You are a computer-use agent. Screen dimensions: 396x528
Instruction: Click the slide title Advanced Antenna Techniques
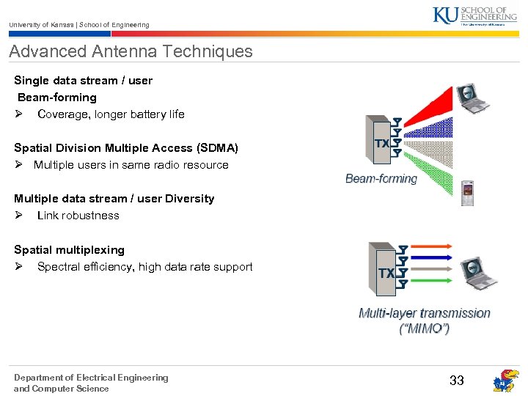[131, 51]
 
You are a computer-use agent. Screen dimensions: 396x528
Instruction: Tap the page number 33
[457, 380]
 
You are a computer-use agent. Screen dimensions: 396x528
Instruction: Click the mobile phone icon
[467, 193]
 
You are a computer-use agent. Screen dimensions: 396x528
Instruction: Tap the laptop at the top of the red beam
[469, 98]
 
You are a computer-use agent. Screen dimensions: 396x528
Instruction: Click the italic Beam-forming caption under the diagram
[381, 178]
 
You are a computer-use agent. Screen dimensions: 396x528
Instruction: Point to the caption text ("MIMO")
[424, 329]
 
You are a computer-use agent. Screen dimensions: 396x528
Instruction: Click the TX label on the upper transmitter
[382, 144]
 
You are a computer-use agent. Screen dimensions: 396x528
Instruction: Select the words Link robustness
[78, 215]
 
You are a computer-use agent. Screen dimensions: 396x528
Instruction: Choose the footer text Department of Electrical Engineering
[91, 378]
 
